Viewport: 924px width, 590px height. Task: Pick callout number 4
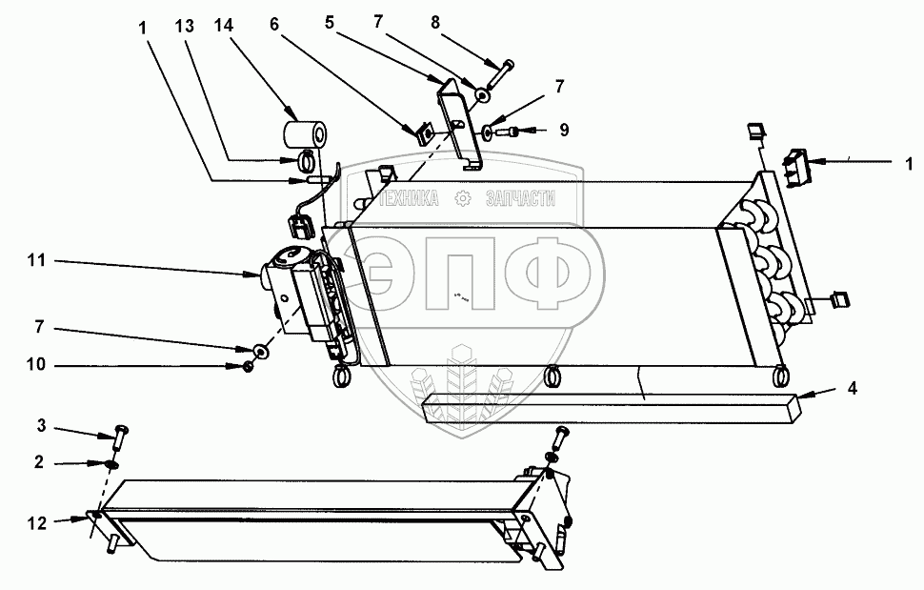tap(854, 388)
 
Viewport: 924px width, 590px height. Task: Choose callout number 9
tap(564, 130)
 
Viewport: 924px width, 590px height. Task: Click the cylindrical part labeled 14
tap(307, 132)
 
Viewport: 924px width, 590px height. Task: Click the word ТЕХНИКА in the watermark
tap(409, 199)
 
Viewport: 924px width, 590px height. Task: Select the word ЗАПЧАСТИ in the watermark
tap(520, 199)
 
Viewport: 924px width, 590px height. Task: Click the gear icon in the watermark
tap(464, 199)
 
